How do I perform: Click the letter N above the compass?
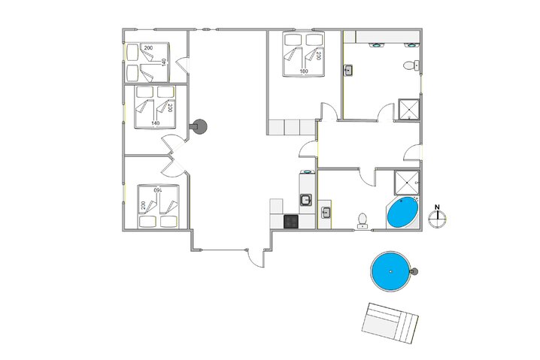437,207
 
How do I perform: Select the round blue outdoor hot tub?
391,271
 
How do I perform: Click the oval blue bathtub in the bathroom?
402,213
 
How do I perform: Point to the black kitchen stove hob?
291,221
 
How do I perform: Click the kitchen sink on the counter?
306,200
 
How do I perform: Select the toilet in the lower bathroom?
363,221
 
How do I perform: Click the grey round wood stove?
199,127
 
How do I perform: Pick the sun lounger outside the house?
390,323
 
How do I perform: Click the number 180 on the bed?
304,71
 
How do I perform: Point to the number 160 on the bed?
157,189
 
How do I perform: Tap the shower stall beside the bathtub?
407,183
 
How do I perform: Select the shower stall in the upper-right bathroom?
409,110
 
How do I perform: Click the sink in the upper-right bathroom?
348,71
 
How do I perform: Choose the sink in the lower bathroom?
326,213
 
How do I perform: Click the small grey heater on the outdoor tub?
414,271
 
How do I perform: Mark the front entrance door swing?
255,258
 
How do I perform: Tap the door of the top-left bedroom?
182,65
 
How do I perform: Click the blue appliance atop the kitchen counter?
306,171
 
